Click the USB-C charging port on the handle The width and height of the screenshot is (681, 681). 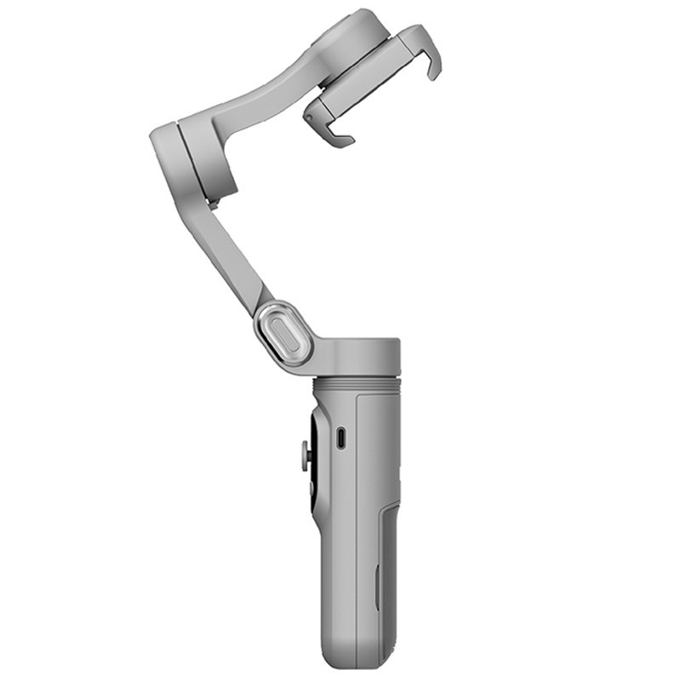(x=340, y=438)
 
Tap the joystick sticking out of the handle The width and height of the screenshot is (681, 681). (x=304, y=457)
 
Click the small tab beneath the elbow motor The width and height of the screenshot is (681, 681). (x=212, y=203)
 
